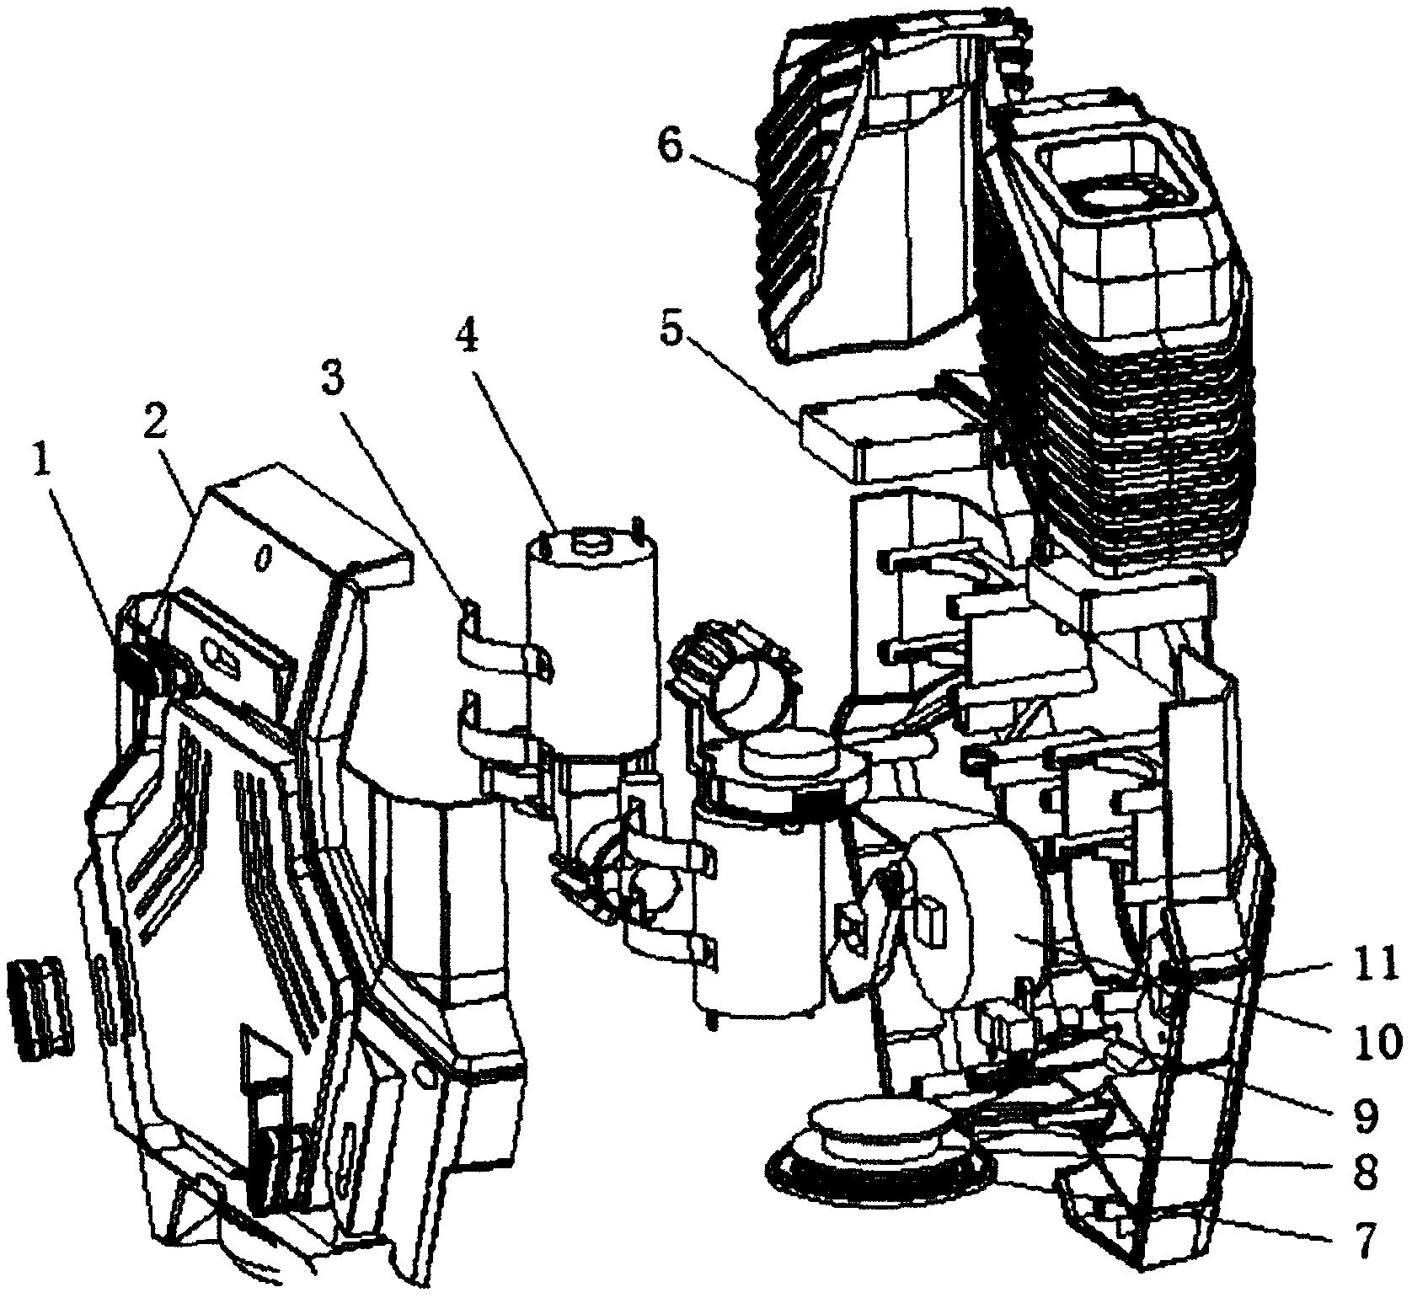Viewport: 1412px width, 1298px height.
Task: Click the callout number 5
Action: [672, 330]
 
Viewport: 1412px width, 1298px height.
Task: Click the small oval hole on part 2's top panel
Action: [264, 557]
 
